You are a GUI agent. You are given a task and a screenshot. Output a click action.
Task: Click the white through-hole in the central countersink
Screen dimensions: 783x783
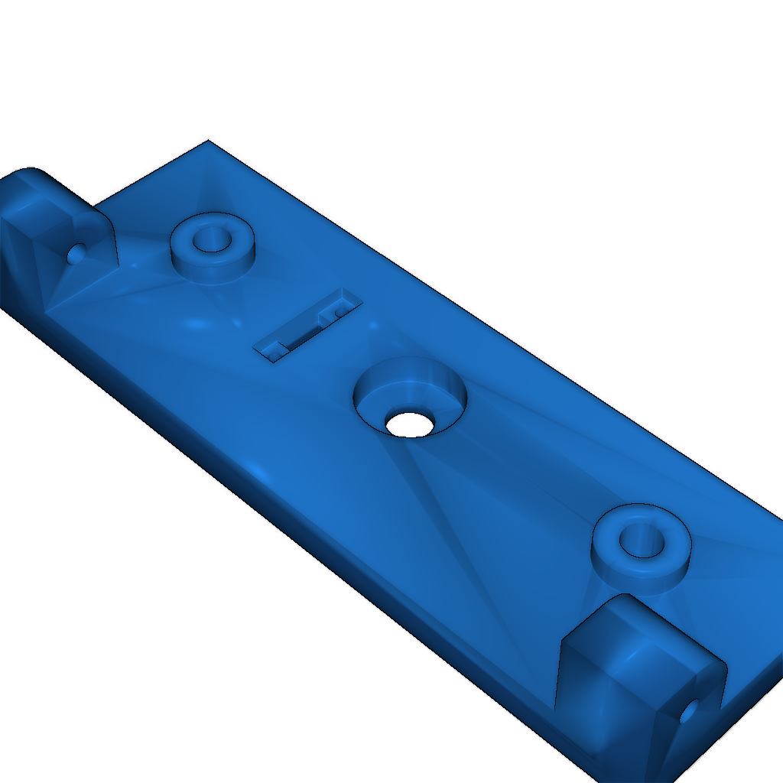click(x=410, y=424)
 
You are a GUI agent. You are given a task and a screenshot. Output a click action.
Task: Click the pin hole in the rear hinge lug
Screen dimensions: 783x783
click(x=75, y=253)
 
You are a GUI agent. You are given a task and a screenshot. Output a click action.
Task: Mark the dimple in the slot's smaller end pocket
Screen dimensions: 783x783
click(x=276, y=348)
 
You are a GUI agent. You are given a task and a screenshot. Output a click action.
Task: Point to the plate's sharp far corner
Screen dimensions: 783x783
click(x=208, y=141)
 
